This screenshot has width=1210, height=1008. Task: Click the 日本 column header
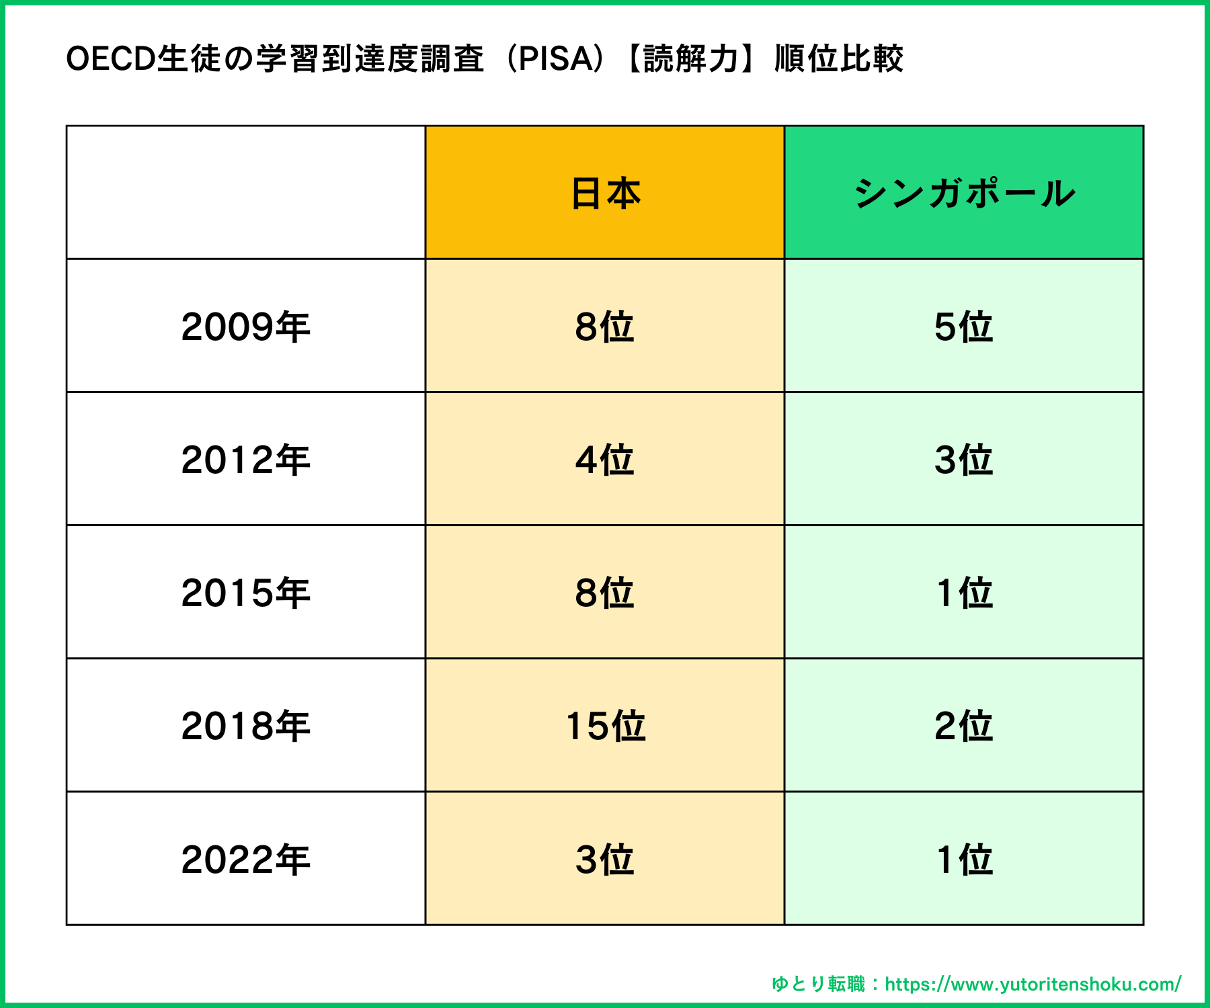tap(605, 194)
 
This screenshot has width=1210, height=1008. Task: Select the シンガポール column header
tap(964, 194)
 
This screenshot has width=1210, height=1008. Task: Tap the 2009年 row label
tap(245, 327)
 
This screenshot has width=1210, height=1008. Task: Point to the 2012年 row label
tap(245, 460)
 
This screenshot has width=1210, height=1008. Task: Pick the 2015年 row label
tap(245, 593)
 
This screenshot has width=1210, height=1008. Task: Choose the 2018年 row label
tap(245, 726)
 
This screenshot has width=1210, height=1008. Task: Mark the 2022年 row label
tap(245, 859)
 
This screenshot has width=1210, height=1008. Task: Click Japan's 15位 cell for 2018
tap(605, 726)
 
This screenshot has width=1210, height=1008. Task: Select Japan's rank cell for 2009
tap(605, 327)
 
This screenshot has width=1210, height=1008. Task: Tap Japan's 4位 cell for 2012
tap(605, 460)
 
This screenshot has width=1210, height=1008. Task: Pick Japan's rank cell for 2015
tap(605, 593)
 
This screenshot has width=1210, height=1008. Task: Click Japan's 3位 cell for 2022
tap(605, 859)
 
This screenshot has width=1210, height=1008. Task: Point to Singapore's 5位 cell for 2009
tap(964, 327)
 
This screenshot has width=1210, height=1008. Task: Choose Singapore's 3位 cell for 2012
tap(964, 460)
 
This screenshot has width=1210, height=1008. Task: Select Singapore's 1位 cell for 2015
tap(964, 593)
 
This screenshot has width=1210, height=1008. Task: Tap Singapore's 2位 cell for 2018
tap(964, 726)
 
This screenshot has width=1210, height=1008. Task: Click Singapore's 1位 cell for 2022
tap(964, 859)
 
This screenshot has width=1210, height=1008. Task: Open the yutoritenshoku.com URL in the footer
tap(1033, 984)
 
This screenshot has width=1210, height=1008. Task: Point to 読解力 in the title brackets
tap(691, 58)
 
